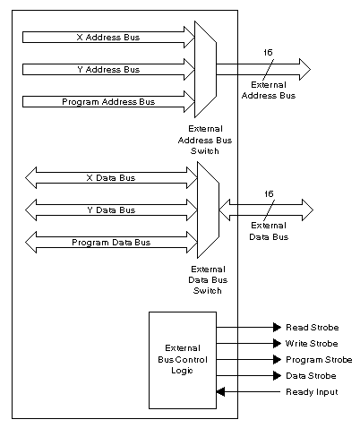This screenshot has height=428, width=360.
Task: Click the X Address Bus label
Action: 108,38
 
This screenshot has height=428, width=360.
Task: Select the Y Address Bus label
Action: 108,70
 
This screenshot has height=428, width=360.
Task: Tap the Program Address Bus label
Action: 108,102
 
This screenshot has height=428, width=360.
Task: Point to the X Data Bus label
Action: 111,178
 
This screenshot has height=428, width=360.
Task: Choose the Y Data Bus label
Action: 111,210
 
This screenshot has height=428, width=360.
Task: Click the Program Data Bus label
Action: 111,243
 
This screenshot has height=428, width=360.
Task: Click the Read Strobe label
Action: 313,328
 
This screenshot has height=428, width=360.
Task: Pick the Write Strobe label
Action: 312,344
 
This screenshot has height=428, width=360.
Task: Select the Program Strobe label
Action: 319,360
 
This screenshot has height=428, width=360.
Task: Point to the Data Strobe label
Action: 311,376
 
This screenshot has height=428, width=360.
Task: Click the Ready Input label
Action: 312,392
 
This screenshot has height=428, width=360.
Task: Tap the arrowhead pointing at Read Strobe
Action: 278,328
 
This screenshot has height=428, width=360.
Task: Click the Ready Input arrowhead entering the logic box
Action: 220,391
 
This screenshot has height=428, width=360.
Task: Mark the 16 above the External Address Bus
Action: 268,53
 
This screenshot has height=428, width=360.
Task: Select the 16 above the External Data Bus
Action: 269,194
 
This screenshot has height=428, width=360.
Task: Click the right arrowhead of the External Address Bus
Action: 304,69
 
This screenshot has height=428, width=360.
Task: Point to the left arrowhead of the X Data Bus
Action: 30,178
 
